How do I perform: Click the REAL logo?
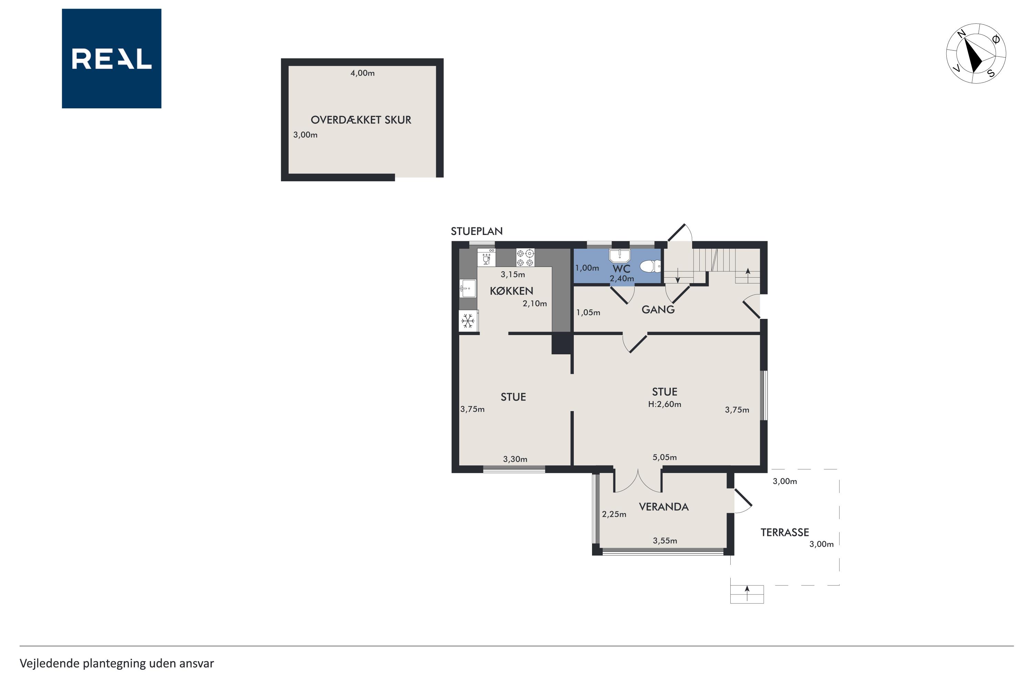point(111,58)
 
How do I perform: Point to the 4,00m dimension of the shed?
point(363,73)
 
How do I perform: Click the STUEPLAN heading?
point(476,231)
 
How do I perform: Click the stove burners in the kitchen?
point(525,258)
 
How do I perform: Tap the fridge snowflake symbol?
point(468,321)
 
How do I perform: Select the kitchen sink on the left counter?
point(468,288)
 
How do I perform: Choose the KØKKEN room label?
point(511,291)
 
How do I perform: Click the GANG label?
point(658,310)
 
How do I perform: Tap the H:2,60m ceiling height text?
point(664,404)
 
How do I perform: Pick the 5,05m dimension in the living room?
point(664,457)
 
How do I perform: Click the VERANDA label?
point(664,507)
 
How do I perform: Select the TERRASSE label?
point(785,532)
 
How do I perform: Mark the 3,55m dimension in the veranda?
point(665,540)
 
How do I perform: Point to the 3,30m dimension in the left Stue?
point(515,459)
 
